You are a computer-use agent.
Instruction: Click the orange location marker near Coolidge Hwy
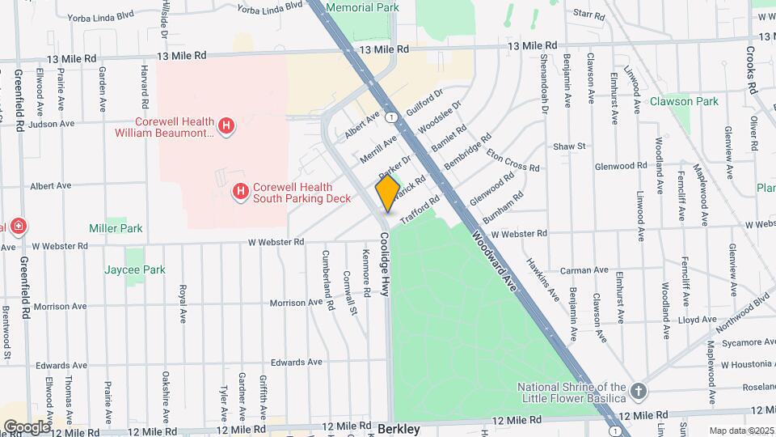(x=387, y=193)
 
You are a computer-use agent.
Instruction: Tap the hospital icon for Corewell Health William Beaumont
(x=227, y=126)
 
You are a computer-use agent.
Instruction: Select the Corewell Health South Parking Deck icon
(x=240, y=191)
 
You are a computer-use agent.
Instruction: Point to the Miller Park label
(x=116, y=228)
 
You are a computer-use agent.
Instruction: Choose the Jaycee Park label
(x=134, y=269)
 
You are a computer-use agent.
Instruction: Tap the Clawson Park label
(x=684, y=102)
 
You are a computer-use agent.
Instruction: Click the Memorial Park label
(x=363, y=7)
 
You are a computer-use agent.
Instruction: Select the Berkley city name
(x=399, y=429)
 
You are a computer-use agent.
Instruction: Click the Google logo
(x=27, y=426)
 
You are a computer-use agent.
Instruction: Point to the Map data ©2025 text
(x=740, y=430)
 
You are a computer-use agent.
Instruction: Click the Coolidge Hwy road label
(x=385, y=265)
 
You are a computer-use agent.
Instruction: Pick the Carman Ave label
(x=588, y=269)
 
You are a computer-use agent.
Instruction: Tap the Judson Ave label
(x=51, y=124)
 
